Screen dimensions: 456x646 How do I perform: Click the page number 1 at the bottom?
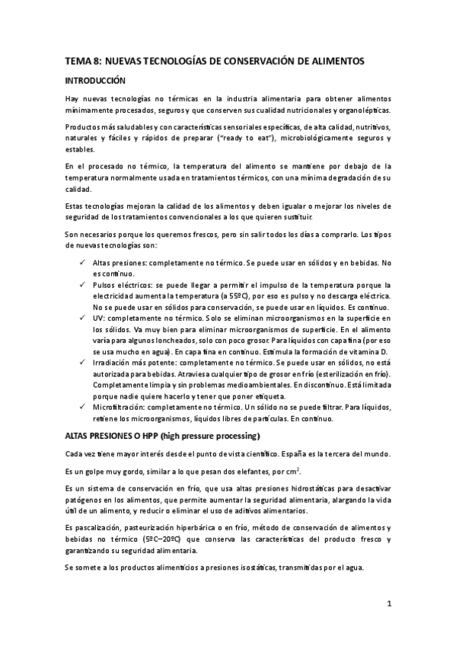click(x=388, y=604)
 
